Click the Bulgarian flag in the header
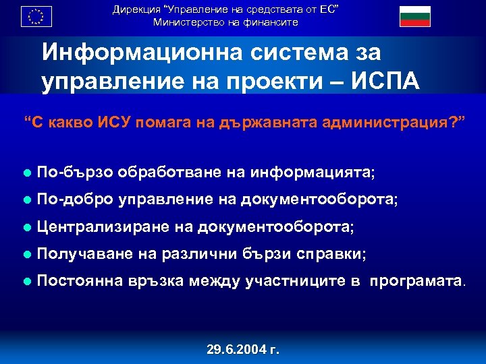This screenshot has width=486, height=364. click(414, 16)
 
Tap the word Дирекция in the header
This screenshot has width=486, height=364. click(136, 9)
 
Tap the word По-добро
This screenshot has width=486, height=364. click(75, 200)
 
